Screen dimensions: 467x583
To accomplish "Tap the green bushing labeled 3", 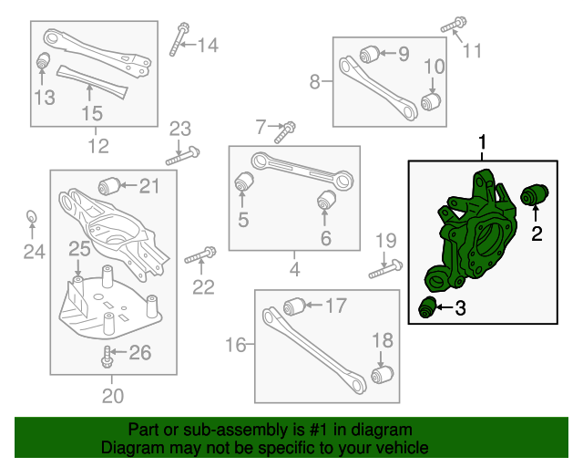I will pos(427,308).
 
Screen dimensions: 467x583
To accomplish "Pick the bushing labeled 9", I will pos(369,53).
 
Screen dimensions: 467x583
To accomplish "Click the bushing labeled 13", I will pos(42,64).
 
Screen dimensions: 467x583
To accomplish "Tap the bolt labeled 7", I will pos(286,130).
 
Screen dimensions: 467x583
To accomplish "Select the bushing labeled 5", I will pos(243,182).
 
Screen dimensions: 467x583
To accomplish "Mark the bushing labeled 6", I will pos(325,199).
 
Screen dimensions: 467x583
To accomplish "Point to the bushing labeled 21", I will pos(111,185).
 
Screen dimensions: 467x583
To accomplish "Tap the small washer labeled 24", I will pos(30,216).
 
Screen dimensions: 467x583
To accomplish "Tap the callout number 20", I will pos(112,396).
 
